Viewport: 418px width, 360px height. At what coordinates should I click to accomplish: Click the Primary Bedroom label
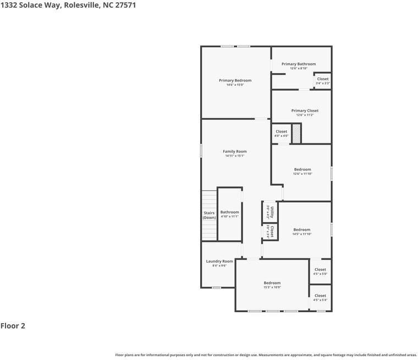[235, 80]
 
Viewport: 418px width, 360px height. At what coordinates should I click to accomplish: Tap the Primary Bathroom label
[299, 64]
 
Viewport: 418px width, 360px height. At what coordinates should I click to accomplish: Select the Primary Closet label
[305, 110]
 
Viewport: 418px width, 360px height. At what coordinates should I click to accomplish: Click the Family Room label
[234, 151]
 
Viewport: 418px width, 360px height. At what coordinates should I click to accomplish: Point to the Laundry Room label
[219, 261]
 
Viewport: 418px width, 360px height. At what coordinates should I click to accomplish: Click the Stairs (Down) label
[209, 215]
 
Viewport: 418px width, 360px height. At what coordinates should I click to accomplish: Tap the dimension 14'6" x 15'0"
[235, 85]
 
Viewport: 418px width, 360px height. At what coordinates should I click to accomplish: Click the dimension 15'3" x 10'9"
[272, 287]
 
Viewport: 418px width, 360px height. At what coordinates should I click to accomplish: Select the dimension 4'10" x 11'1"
[229, 217]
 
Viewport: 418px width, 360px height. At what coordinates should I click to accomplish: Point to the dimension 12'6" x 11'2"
[305, 115]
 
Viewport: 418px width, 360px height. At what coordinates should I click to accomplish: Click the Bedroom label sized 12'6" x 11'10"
[302, 169]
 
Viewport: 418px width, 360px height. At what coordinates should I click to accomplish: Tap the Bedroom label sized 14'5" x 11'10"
[301, 229]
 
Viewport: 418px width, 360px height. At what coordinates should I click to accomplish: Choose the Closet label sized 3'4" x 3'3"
[323, 79]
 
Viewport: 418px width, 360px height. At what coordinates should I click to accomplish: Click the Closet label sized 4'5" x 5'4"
[320, 296]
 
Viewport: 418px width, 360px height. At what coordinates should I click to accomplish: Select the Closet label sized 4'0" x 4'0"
[281, 131]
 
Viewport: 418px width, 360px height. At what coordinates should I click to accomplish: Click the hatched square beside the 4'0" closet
[296, 134]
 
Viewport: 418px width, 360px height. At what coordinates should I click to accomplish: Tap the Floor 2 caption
[13, 326]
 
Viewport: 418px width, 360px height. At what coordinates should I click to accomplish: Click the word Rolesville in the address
[82, 5]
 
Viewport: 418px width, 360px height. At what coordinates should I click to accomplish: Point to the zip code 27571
[125, 5]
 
